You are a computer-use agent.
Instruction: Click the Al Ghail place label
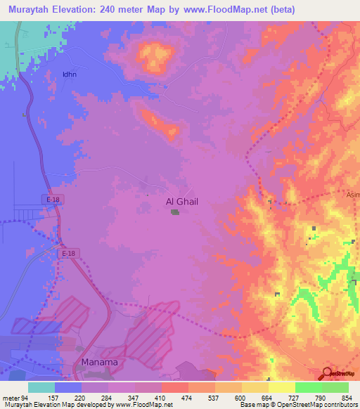point(181,202)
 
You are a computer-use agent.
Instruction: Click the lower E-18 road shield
point(68,254)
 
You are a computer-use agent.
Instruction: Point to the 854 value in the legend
point(347,397)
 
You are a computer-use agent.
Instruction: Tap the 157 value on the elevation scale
point(53,397)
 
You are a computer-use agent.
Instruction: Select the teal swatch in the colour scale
point(41,387)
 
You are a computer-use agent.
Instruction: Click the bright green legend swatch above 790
point(308,387)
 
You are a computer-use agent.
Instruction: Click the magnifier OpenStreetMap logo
point(328,374)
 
